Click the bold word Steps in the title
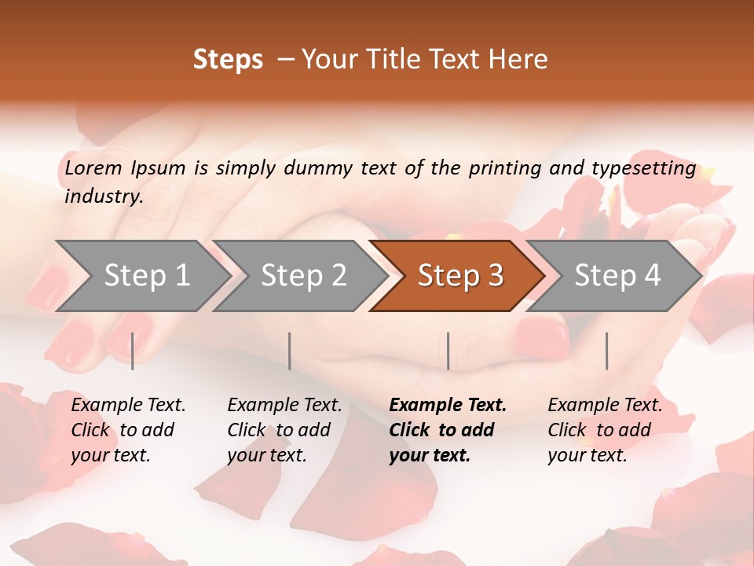coord(228,60)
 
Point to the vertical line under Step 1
coord(132,351)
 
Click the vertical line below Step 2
coord(290,351)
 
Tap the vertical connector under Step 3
coord(448,351)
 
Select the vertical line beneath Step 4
coord(606,351)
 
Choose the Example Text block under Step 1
coord(127,430)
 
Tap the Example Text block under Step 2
coord(284,430)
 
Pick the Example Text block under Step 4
coord(604,430)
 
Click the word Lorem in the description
coord(93,168)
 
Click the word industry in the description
coord(103,197)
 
